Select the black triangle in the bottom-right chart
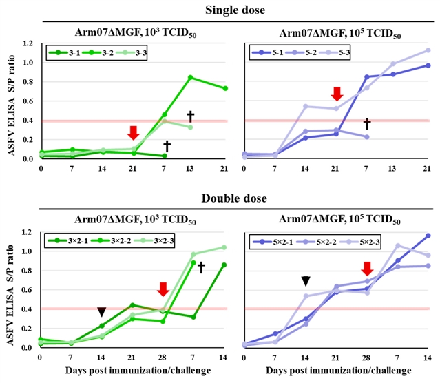pyautogui.click(x=306, y=280)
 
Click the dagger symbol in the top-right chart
pyautogui.click(x=367, y=123)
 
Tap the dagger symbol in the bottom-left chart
pyautogui.click(x=201, y=267)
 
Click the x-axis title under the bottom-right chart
pyautogui.click(x=336, y=371)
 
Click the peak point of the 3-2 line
pyautogui.click(x=190, y=77)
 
